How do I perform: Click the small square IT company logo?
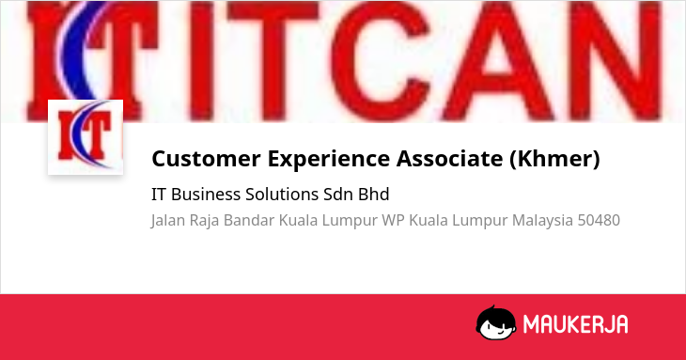coord(86,137)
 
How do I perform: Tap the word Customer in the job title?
coord(206,158)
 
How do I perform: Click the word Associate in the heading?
coord(449,158)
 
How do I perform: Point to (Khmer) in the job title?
coord(554,158)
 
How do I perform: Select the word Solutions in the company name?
coord(282,195)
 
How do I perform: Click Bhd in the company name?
coord(374,195)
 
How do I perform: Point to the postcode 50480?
coord(599,220)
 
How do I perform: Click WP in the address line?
coord(393,220)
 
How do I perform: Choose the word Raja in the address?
coord(204,221)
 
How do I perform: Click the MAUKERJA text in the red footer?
coord(576,324)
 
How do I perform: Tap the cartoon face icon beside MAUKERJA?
coord(496,322)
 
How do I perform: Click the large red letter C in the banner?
coord(379,61)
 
